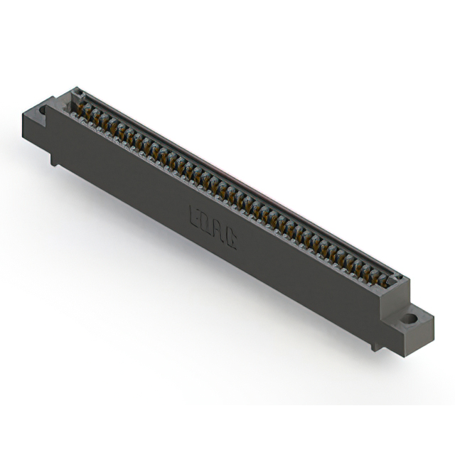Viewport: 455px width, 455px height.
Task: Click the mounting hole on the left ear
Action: click(42, 110)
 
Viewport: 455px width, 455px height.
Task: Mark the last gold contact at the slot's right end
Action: click(387, 279)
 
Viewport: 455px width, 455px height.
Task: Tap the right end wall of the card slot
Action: click(399, 279)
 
